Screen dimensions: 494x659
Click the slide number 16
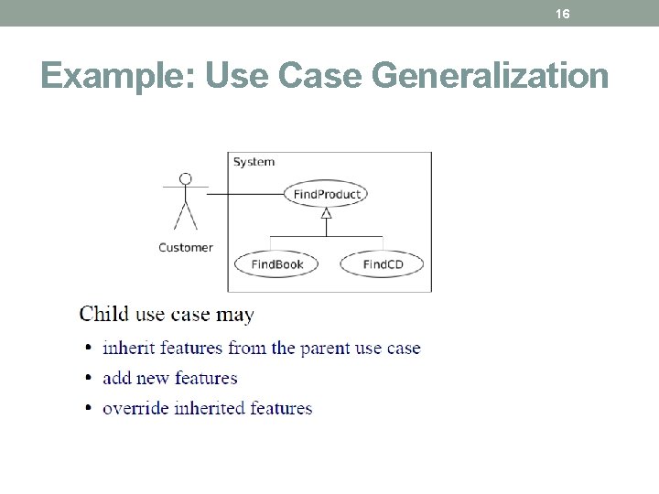(x=563, y=14)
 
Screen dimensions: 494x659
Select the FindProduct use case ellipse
(x=327, y=194)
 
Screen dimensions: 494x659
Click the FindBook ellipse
(x=276, y=264)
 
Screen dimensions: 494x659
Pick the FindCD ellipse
(x=383, y=264)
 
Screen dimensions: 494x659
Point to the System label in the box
(x=254, y=162)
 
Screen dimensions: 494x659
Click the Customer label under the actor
(x=185, y=247)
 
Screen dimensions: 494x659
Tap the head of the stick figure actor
(x=186, y=178)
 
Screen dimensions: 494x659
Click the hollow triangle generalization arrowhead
(x=326, y=213)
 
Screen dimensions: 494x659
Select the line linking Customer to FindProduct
(x=247, y=194)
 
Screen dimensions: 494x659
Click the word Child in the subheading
(x=104, y=315)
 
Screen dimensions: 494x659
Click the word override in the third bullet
(x=135, y=408)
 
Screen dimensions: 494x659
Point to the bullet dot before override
(x=88, y=409)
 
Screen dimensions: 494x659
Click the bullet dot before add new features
(x=88, y=379)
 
